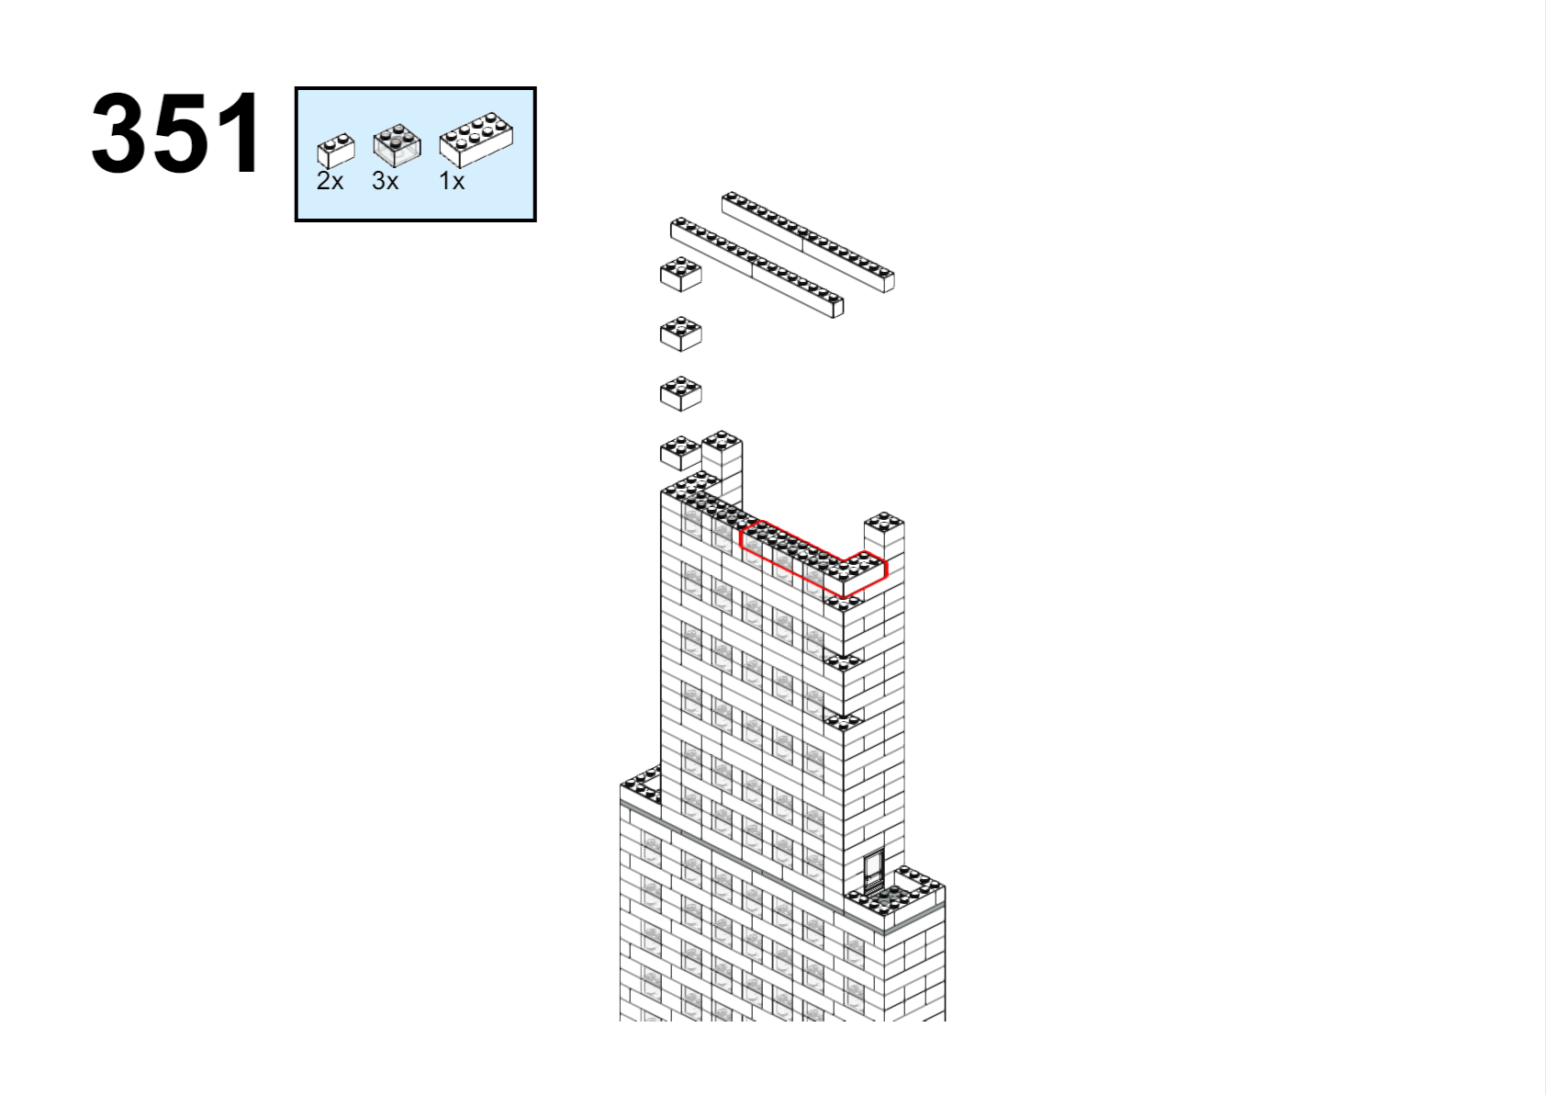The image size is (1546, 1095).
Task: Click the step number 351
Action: point(176,132)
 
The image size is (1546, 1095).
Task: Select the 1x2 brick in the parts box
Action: point(336,151)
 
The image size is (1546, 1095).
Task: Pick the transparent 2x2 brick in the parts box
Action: point(397,145)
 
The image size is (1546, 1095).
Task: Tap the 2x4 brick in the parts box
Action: point(476,140)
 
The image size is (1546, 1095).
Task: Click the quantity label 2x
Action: point(330,181)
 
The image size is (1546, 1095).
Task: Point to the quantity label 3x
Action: point(385,181)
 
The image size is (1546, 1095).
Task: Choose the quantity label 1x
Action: point(452,181)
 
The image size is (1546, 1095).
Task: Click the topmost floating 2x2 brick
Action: point(681,274)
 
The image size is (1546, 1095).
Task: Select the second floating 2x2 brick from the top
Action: point(681,333)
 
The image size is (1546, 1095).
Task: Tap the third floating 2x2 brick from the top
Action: point(681,393)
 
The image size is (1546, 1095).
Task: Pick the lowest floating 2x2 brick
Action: point(680,452)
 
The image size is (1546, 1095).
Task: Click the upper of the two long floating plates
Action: point(808,242)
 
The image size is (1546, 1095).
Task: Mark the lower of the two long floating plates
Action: point(757,267)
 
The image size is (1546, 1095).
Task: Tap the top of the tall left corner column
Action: point(722,440)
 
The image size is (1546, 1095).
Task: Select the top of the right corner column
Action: point(884,521)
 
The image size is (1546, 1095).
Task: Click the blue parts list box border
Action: point(416,88)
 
